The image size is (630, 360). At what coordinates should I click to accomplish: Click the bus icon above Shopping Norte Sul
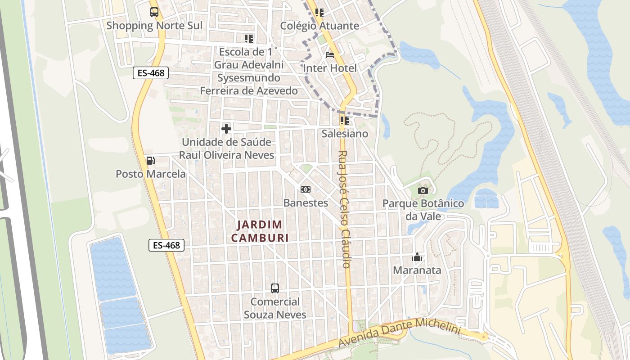(154, 12)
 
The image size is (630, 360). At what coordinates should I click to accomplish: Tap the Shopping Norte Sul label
(154, 26)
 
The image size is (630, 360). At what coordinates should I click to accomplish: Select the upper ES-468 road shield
(151, 72)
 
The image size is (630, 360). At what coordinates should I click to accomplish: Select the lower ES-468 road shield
(166, 245)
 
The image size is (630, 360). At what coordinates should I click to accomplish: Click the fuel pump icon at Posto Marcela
(150, 161)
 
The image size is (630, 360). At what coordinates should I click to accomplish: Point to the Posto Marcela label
(151, 174)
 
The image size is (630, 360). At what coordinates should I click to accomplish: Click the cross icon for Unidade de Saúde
(226, 129)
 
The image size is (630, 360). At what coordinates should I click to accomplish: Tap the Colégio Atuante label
(319, 26)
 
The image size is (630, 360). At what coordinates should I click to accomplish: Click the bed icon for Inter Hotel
(330, 55)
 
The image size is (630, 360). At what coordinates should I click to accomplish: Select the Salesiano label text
(345, 134)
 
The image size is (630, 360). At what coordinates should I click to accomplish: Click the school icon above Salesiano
(345, 120)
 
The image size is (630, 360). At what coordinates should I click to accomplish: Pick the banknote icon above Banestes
(306, 189)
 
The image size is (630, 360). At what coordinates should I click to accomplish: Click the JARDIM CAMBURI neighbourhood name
(260, 231)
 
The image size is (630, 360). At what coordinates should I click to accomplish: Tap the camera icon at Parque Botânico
(423, 190)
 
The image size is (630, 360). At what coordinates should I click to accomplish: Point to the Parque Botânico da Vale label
(423, 210)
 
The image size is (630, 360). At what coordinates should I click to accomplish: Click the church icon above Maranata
(417, 257)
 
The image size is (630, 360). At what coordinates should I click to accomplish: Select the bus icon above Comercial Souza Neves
(275, 288)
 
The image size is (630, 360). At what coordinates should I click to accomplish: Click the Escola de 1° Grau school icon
(249, 39)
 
